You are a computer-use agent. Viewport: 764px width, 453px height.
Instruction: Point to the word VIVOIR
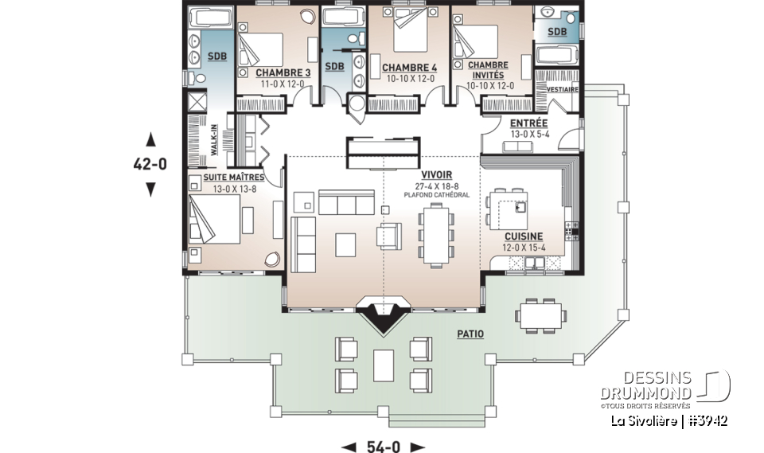[437, 174]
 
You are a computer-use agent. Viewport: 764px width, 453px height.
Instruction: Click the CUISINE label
[524, 236]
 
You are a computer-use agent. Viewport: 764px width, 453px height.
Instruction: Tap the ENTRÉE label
[528, 123]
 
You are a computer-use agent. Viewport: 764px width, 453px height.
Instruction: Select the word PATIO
[470, 334]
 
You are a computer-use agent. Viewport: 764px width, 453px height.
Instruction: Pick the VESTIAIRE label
[563, 89]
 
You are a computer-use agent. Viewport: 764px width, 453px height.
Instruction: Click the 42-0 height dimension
[150, 165]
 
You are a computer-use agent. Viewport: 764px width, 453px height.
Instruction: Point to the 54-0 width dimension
[384, 447]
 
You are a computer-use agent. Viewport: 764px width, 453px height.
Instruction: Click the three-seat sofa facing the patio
[346, 202]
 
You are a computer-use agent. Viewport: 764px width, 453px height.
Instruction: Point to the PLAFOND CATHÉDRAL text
[437, 194]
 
